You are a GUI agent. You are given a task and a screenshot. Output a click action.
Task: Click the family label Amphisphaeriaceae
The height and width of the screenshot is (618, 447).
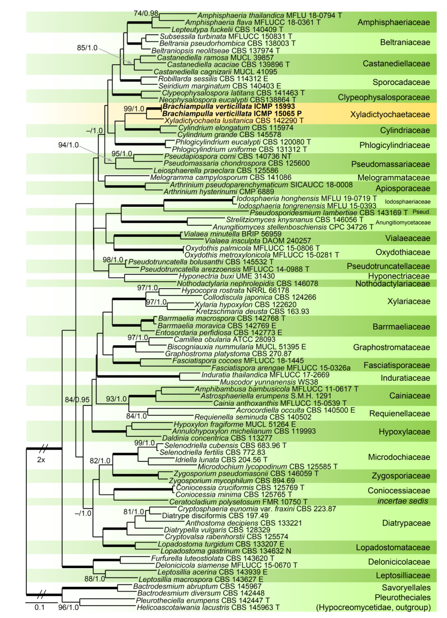pos(393,22)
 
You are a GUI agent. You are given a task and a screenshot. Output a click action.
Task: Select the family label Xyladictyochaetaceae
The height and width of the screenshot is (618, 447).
pos(390,115)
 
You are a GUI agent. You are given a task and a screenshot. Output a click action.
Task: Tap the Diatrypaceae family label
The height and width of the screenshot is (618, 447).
pos(406,523)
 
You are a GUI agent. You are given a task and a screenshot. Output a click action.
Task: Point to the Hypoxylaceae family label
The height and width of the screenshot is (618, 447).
pos(404,432)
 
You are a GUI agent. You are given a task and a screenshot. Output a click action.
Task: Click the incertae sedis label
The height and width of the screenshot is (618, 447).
pos(402,501)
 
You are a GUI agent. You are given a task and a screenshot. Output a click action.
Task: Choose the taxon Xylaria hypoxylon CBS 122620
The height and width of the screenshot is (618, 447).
pos(245,304)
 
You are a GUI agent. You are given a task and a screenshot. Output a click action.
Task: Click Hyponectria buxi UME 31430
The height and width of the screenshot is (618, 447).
pos(227,276)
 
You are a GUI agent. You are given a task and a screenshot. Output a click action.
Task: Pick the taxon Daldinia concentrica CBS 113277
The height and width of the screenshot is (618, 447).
pos(217,438)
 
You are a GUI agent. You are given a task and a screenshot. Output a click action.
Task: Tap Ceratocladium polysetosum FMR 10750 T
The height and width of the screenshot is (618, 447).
pos(238,502)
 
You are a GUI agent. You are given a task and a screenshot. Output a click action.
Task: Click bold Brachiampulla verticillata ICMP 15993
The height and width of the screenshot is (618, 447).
pos(229,107)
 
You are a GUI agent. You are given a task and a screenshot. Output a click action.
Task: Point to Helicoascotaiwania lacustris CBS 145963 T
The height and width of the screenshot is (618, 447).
pos(208,607)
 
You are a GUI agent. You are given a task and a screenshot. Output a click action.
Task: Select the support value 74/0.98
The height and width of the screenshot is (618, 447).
pos(146,13)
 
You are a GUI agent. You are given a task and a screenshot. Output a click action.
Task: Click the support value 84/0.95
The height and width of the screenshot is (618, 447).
pos(77,400)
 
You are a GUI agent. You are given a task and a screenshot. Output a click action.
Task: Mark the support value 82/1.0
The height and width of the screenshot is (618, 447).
pos(100,460)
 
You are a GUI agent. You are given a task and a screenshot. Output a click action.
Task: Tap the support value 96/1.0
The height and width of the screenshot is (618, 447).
pos(68,607)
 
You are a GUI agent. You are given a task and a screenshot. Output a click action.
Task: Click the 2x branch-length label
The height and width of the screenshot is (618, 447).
pos(41,460)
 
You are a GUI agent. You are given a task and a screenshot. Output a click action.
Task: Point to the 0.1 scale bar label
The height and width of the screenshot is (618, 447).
pos(40,607)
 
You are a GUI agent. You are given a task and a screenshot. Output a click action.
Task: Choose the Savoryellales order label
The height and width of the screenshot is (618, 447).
pos(406,588)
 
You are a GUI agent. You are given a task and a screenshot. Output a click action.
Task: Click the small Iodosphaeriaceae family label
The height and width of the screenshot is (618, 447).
pos(407,202)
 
